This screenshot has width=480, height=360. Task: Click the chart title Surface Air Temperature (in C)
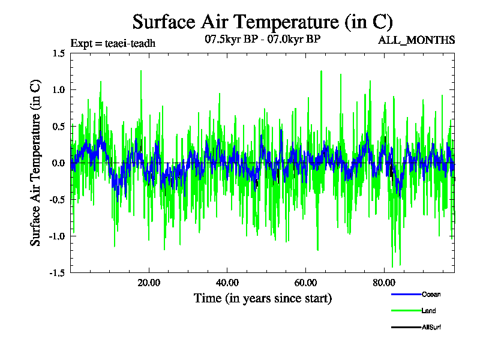[263, 22]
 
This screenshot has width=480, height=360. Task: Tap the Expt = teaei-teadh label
[113, 43]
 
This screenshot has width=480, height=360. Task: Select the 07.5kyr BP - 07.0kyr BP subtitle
[262, 40]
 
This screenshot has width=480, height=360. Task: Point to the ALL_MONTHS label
[416, 40]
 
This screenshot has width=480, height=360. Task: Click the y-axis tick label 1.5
[58, 53]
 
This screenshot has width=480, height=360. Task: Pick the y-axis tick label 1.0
[58, 90]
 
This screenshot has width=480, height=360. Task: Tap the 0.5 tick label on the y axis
[58, 127]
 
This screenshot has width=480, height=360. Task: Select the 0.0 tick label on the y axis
[58, 163]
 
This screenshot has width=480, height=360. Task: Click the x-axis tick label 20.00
[149, 283]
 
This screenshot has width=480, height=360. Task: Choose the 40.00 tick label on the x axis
[227, 283]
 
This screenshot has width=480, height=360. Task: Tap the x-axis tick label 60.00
[306, 283]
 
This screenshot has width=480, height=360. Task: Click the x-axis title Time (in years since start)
[263, 298]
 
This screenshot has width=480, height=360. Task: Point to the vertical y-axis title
[36, 162]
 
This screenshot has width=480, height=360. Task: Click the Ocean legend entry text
[431, 294]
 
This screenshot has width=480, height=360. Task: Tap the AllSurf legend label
[432, 327]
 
